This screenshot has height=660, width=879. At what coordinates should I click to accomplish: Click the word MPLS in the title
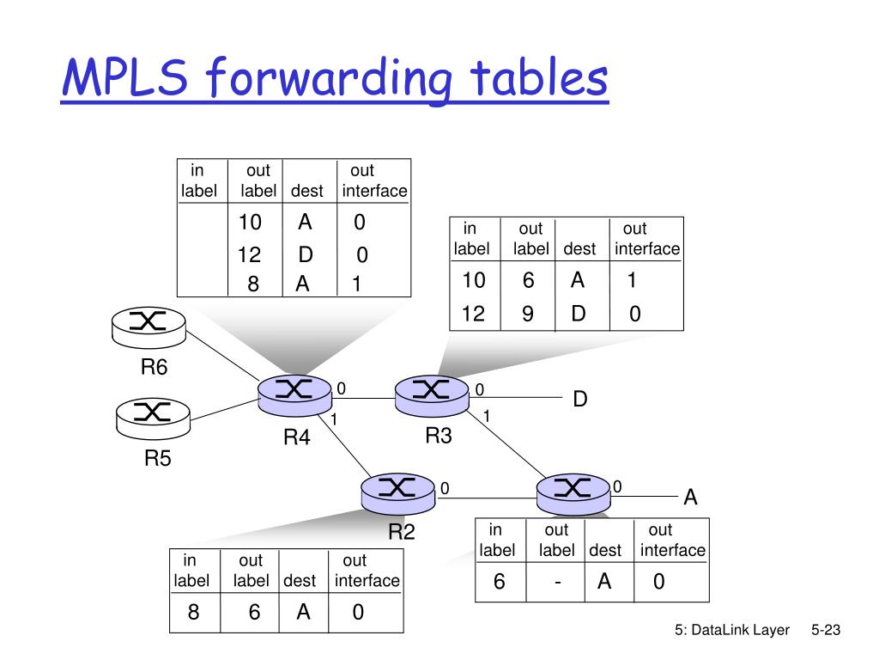pos(129,78)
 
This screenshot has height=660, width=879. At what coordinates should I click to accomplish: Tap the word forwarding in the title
pos(334,80)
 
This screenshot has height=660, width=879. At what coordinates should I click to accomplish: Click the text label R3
pos(439,436)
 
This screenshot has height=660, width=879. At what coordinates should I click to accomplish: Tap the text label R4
pos(296,438)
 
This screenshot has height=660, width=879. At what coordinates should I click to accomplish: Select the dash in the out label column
pos(558,583)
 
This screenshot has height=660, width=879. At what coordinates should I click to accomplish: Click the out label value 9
pos(527,315)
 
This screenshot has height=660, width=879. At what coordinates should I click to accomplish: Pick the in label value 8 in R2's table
pos(194,612)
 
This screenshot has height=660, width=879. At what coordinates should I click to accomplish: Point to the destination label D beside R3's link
pos(580,400)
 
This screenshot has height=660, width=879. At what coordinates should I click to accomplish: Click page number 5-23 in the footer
pos(825,631)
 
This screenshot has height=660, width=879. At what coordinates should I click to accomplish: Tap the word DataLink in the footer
pos(720,631)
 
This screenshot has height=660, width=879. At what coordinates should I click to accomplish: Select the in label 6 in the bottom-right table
pos(499,583)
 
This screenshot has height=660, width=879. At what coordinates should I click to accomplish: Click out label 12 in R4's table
pos(249,255)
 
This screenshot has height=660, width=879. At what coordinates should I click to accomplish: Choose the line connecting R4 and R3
pos(363,399)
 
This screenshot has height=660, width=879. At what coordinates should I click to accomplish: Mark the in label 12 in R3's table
pos(473,315)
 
